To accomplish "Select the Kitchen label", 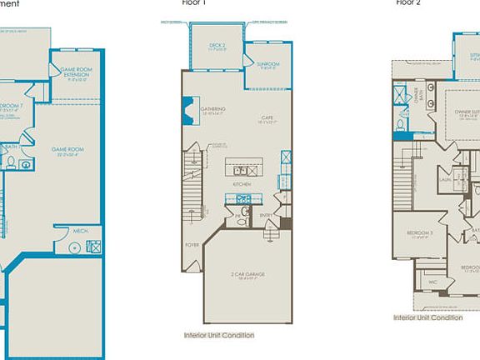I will point(242,183).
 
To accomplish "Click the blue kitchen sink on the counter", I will point(244,199).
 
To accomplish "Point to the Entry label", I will point(267,214).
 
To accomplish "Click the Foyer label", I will point(192,246).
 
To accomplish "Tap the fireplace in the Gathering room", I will point(187,109).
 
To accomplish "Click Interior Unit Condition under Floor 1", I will point(219,335).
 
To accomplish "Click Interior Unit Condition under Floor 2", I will point(427,317).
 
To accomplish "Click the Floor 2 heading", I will point(407,3).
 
